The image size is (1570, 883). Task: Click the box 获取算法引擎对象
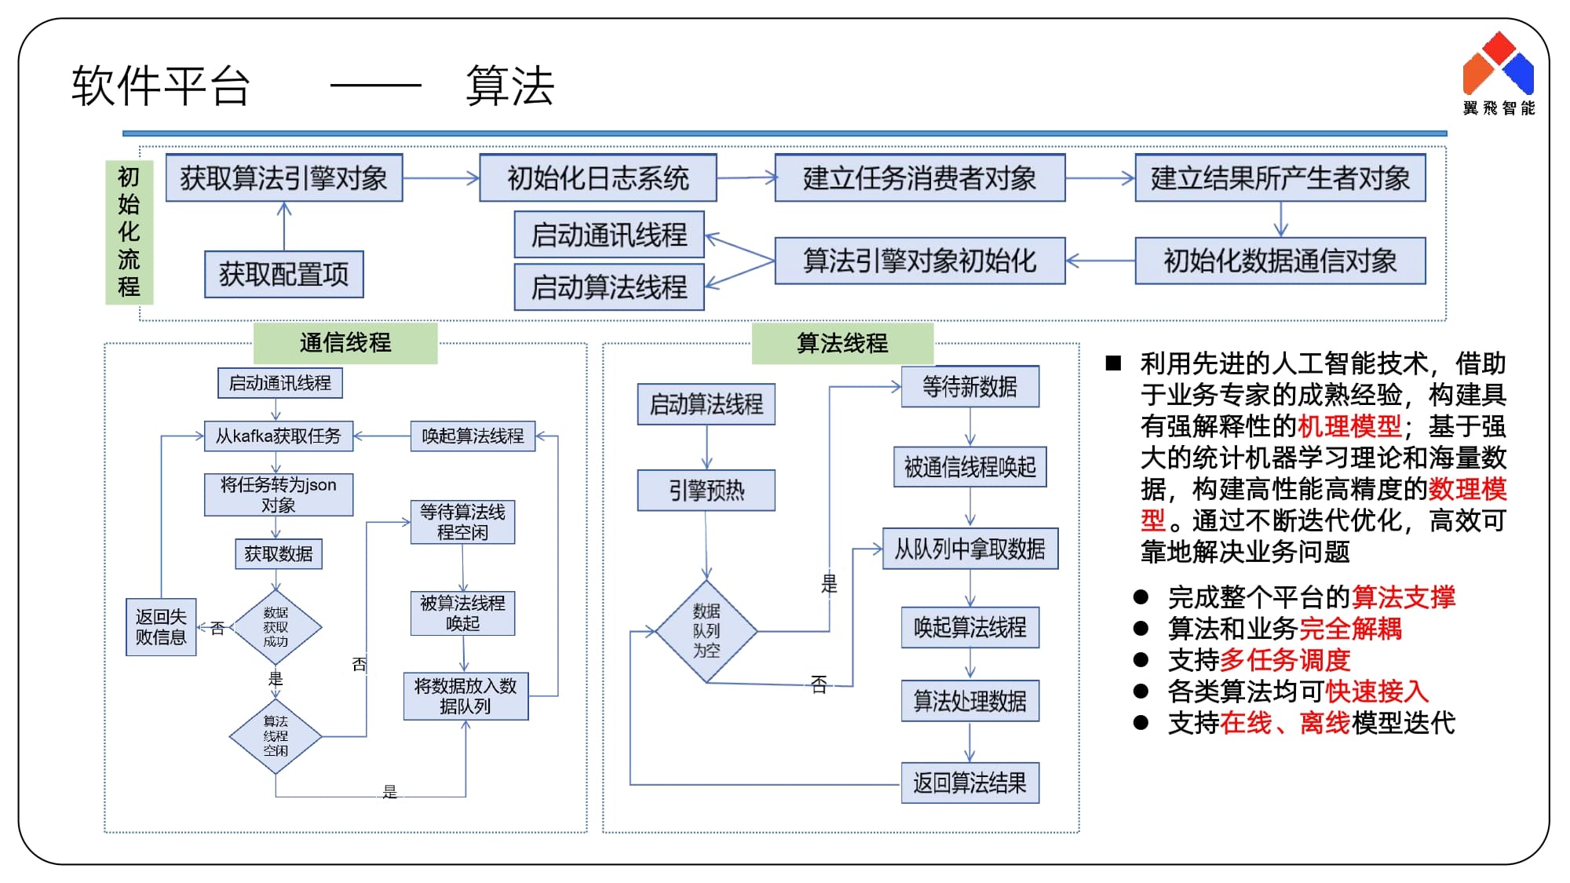pyautogui.click(x=284, y=178)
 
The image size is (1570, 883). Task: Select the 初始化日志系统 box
pyautogui.click(x=597, y=178)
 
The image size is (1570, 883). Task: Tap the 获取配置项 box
pyautogui.click(x=283, y=274)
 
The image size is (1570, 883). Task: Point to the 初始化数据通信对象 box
pyautogui.click(x=1280, y=261)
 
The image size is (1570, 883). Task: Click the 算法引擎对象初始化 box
pyautogui.click(x=919, y=261)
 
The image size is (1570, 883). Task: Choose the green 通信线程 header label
pyautogui.click(x=345, y=343)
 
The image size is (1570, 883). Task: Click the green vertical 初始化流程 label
pyautogui.click(x=129, y=232)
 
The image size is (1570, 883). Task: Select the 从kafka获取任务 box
pyautogui.click(x=278, y=436)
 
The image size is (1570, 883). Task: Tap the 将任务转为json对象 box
pyautogui.click(x=278, y=494)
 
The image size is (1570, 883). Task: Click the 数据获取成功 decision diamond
pyautogui.click(x=276, y=627)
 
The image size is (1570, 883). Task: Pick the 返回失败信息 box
pyautogui.click(x=161, y=627)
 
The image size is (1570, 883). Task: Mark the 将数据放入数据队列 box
pyautogui.click(x=466, y=696)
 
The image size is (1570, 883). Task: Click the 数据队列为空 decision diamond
pyautogui.click(x=706, y=630)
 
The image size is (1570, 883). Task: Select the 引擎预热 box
pyautogui.click(x=706, y=491)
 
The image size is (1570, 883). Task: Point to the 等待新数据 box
pyautogui.click(x=969, y=386)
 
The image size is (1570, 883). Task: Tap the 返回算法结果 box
pyautogui.click(x=969, y=783)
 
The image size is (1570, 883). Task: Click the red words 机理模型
pyautogui.click(x=1349, y=426)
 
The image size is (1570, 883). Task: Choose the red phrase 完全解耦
pyautogui.click(x=1350, y=629)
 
